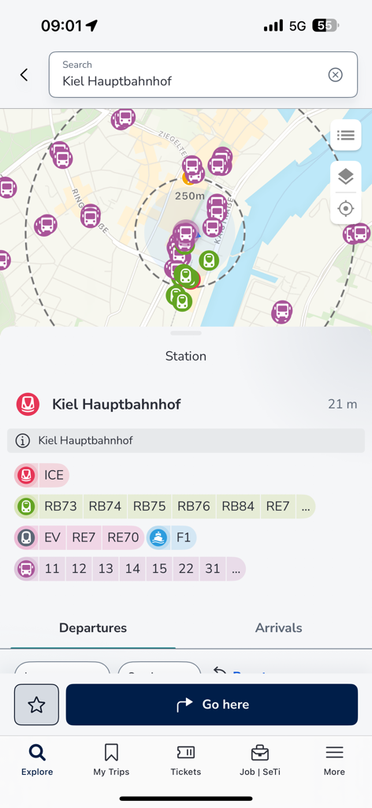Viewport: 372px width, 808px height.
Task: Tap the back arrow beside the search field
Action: (x=24, y=75)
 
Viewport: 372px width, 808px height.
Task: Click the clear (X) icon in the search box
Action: (x=335, y=75)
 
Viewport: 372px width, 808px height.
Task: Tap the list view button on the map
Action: (x=345, y=136)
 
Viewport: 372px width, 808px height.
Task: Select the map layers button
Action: (x=345, y=177)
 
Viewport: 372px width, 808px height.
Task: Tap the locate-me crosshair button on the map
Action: (x=345, y=209)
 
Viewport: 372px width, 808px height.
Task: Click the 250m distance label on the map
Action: (x=190, y=196)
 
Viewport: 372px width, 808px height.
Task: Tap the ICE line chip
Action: (x=53, y=475)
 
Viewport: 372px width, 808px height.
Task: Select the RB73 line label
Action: (x=61, y=507)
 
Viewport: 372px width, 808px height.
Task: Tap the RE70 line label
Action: (x=123, y=537)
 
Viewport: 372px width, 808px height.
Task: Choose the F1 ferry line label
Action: (x=183, y=537)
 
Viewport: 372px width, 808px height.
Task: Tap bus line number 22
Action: (x=185, y=568)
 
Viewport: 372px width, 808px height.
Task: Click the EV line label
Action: (x=52, y=537)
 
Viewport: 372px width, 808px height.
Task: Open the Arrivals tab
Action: (x=278, y=628)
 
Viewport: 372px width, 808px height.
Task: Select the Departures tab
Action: (x=93, y=628)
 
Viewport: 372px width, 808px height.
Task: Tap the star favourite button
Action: (x=36, y=705)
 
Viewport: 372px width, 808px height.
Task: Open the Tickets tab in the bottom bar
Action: (x=186, y=760)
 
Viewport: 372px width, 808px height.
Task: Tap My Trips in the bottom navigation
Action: (x=111, y=760)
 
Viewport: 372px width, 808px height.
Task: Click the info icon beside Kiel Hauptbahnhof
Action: (x=23, y=440)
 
